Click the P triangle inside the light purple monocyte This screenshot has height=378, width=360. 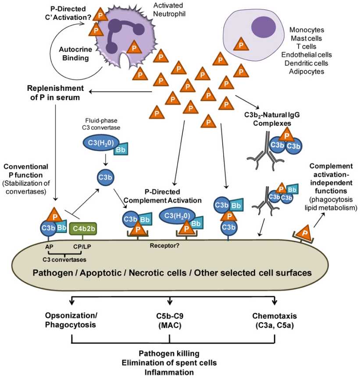tap(240, 44)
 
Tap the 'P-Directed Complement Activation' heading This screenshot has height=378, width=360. tap(162, 197)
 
